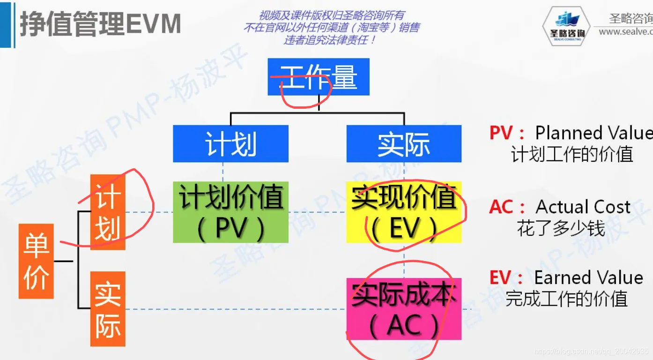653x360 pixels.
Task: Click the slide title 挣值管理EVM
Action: (x=100, y=24)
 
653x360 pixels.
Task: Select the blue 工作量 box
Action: (x=319, y=77)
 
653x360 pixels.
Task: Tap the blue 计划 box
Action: (x=230, y=143)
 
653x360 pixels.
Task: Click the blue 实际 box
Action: (x=404, y=143)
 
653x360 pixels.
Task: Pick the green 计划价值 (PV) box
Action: (x=230, y=212)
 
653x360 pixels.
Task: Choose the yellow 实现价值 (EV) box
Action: (x=404, y=212)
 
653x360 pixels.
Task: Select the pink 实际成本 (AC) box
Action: (x=404, y=309)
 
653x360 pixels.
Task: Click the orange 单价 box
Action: (x=36, y=261)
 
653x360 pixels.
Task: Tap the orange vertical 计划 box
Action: (x=108, y=212)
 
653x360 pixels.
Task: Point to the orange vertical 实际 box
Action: (x=108, y=309)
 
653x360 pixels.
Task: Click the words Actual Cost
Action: (x=583, y=207)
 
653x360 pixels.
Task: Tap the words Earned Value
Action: (x=589, y=278)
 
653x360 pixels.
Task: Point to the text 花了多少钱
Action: (x=561, y=229)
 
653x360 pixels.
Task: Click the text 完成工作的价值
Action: (x=566, y=299)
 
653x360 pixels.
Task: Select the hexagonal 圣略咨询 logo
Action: (x=567, y=26)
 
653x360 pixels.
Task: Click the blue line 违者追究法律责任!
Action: (x=329, y=40)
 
